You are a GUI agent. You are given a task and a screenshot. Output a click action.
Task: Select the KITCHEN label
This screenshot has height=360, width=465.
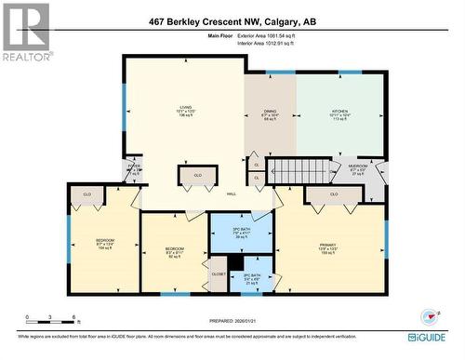(x=340, y=114)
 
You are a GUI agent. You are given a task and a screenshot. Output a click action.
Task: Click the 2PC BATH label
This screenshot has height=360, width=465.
(x=251, y=276)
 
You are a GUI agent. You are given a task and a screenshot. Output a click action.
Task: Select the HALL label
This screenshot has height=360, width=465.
(x=231, y=193)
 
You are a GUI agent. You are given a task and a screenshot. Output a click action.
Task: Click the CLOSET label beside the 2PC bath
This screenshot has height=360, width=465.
(x=218, y=274)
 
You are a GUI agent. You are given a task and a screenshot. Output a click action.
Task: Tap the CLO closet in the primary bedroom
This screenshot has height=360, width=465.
(x=333, y=194)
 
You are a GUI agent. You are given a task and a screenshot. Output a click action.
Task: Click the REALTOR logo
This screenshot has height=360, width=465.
(x=25, y=32)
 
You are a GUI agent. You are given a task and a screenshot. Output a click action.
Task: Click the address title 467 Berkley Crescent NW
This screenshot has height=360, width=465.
(x=232, y=21)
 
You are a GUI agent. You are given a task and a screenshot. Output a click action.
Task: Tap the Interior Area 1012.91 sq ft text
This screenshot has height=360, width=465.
(x=265, y=43)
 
